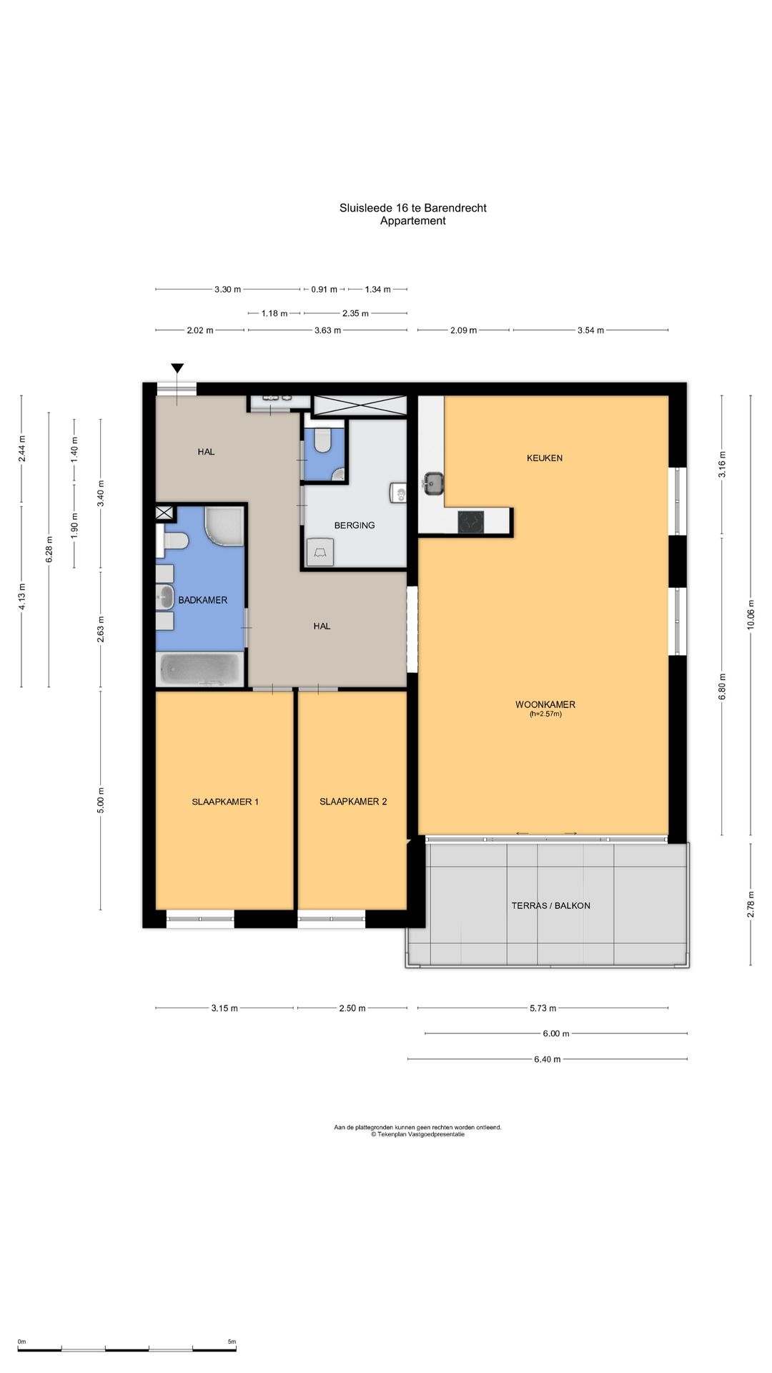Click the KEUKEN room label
tap(545, 458)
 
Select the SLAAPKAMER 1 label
tap(225, 802)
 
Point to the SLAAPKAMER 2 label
tap(353, 802)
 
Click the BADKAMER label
tap(203, 600)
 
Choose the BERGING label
tap(355, 525)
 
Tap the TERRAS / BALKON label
tap(551, 905)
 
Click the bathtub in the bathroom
tap(201, 670)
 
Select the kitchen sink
tap(432, 483)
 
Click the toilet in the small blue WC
tap(322, 440)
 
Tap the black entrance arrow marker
tap(177, 368)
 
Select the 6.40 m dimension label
tap(548, 1059)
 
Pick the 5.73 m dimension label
tap(543, 1008)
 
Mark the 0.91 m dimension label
tap(324, 290)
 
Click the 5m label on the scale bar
tap(232, 1342)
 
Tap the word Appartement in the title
tap(413, 221)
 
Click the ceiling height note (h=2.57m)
tap(545, 714)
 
